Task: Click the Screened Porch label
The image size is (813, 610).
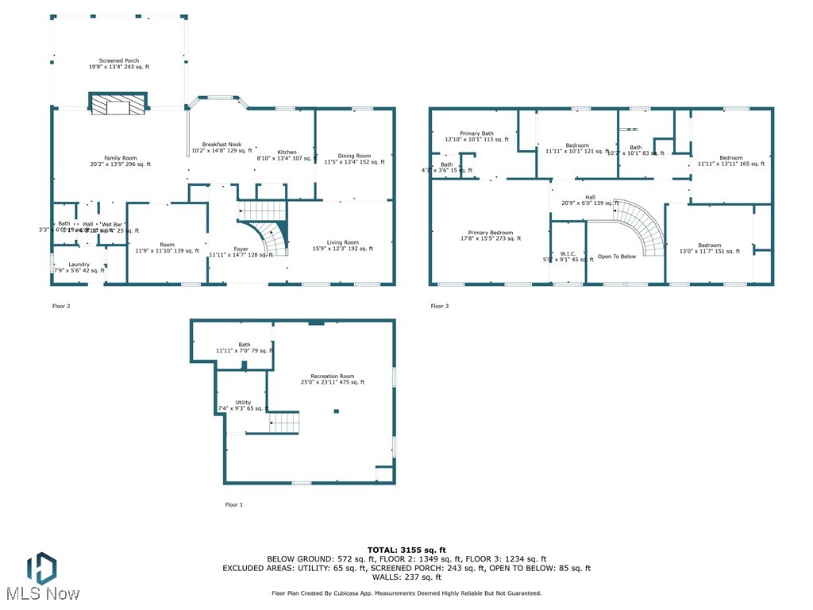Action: (119, 64)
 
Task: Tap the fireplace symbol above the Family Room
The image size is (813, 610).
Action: (118, 106)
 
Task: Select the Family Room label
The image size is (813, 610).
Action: (120, 161)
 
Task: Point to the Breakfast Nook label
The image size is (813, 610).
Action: (226, 147)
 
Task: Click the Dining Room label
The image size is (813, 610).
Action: (354, 159)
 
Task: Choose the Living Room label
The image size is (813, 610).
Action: (342, 245)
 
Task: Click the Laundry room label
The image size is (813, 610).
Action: (79, 268)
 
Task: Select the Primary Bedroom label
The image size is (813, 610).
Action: (491, 235)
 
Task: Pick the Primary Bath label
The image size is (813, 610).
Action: (476, 137)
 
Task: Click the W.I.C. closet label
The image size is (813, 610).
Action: (567, 257)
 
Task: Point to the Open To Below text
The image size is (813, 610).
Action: (617, 257)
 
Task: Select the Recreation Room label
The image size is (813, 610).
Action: (332, 379)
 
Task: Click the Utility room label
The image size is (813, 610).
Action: (243, 405)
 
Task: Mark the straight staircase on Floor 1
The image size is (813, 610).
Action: (283, 422)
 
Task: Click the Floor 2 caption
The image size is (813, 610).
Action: (61, 306)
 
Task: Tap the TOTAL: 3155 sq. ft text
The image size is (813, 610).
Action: (406, 550)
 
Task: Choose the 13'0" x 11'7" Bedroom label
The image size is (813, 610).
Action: (709, 248)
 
